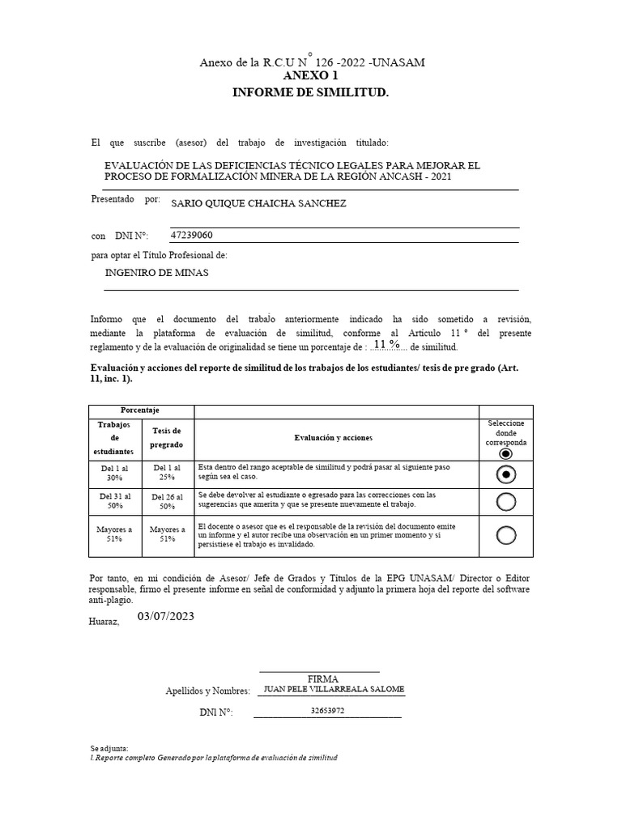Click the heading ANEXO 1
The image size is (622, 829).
[x=311, y=76]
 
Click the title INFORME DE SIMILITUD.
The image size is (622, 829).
[x=311, y=93]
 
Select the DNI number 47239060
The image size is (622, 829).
[x=192, y=236]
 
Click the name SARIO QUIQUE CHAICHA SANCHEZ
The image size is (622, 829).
[x=258, y=204]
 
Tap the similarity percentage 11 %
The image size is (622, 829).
[x=386, y=345]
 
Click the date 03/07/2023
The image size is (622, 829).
[x=166, y=617]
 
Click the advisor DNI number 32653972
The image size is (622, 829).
[x=327, y=712]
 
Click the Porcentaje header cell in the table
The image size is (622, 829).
[x=140, y=411]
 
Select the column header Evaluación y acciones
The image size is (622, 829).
[x=334, y=438]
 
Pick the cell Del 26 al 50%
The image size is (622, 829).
[x=168, y=500]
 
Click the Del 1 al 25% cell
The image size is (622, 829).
[x=168, y=473]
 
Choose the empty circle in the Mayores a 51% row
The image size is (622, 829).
[x=506, y=535]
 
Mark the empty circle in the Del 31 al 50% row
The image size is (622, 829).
[x=506, y=502]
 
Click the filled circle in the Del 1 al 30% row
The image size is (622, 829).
[x=506, y=474]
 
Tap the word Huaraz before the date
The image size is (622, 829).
[x=104, y=622]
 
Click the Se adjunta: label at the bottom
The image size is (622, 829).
[x=109, y=749]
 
